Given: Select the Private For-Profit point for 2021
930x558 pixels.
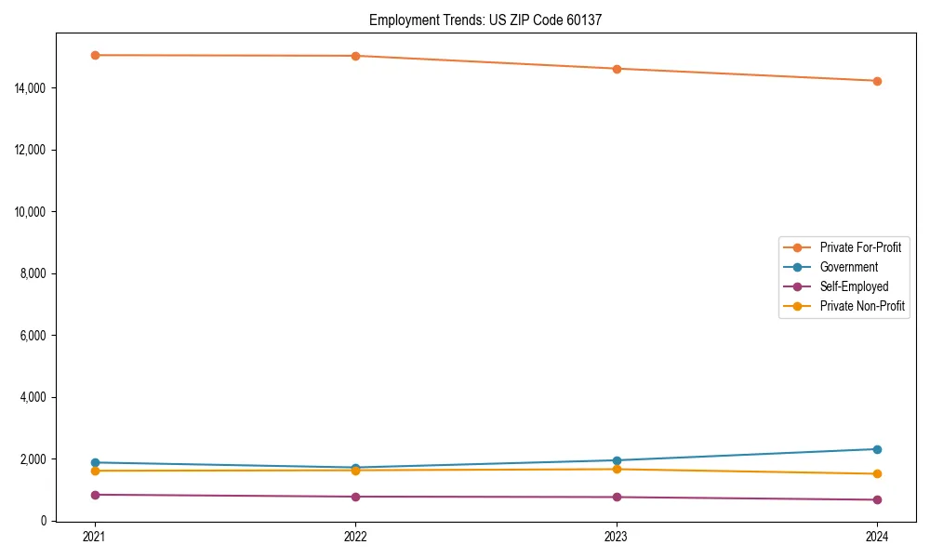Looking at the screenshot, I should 94,55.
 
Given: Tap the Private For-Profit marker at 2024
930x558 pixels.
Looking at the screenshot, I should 877,81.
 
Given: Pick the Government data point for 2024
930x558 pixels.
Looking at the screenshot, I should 877,449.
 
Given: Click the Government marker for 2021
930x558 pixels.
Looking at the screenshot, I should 94,462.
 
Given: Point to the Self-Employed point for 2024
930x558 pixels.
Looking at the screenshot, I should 877,499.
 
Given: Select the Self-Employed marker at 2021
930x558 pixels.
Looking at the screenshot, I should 94,495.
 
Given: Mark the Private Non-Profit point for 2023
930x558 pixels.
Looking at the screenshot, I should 616,469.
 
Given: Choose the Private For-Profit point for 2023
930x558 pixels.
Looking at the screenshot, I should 616,69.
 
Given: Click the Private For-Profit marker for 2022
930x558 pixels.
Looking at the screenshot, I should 355,56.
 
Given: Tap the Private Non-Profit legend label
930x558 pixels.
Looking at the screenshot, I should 862,306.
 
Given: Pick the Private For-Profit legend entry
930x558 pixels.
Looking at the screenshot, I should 860,247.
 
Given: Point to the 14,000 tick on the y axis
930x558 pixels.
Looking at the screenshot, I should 31,87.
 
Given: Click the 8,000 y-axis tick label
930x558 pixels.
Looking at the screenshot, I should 33,273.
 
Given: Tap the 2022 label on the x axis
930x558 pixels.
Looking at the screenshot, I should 355,536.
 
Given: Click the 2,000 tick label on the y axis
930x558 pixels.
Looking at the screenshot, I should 33,458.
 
